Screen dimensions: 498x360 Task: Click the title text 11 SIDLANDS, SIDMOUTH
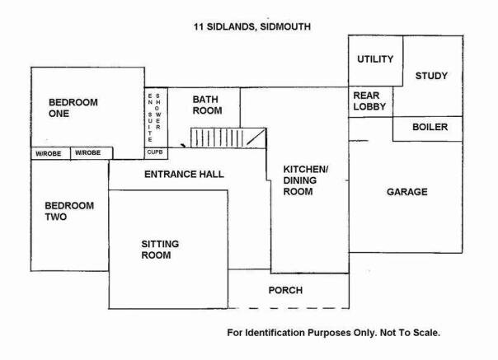pos(252,26)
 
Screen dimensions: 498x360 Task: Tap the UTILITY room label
pos(375,59)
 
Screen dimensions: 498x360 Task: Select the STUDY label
pos(431,76)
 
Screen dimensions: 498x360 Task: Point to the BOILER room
pos(427,129)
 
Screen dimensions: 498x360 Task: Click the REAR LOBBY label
pos(369,101)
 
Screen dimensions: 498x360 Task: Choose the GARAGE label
pos(406,192)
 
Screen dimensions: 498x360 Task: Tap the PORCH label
pos(285,290)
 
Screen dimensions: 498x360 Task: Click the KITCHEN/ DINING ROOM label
pos(306,180)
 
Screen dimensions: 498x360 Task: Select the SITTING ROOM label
pos(160,250)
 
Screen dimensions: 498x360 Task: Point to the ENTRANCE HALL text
pos(184,175)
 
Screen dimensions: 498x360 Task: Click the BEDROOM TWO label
pos(69,211)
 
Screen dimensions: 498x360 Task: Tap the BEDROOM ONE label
pos(73,108)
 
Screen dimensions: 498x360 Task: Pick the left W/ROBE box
pos(50,154)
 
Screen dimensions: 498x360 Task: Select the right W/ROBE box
pos(92,153)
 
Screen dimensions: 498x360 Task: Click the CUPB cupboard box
pos(156,153)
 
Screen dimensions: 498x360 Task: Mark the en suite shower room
pos(156,118)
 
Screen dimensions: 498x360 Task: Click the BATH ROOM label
pos(207,105)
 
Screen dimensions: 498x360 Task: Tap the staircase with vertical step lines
pos(228,138)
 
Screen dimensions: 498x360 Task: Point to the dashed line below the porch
pos(289,308)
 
